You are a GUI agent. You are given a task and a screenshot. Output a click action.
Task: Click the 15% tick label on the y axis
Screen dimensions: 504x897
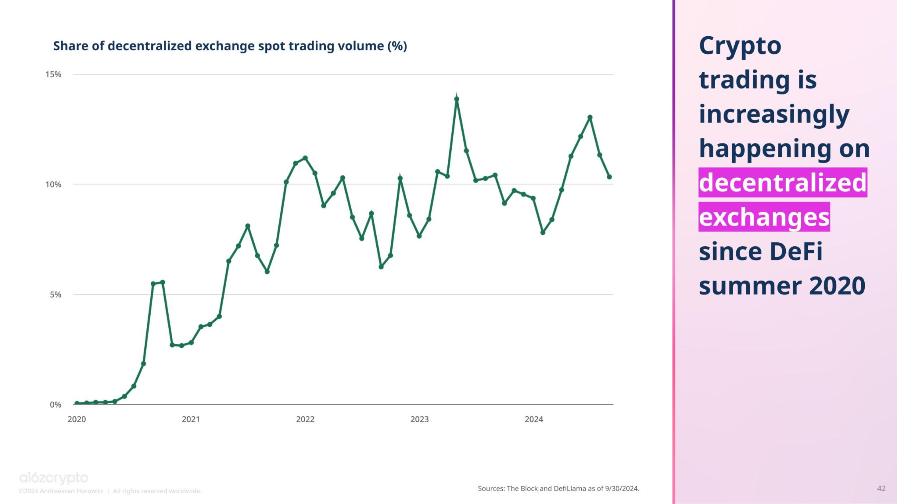coord(53,75)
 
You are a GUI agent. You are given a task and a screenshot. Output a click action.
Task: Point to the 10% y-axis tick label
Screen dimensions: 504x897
coord(53,184)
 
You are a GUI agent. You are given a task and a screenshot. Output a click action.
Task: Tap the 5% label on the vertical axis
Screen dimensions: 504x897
coord(55,295)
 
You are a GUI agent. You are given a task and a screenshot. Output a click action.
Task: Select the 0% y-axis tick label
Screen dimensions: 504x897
coord(55,405)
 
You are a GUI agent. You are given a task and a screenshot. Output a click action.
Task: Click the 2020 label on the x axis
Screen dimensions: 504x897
coord(77,419)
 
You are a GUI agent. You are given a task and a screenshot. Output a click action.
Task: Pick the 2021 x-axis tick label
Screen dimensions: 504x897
coord(191,419)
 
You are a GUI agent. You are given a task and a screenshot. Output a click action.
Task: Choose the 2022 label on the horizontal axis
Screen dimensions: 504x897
coord(305,419)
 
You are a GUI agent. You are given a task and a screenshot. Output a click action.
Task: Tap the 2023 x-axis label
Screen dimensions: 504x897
coord(419,419)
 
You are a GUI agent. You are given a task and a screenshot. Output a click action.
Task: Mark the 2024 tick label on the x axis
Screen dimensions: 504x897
coord(533,419)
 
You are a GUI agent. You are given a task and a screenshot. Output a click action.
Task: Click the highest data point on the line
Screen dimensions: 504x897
coord(457,99)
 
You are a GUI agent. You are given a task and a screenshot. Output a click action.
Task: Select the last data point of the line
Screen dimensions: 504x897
coord(609,177)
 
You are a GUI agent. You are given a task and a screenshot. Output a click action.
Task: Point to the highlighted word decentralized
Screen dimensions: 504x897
coord(783,182)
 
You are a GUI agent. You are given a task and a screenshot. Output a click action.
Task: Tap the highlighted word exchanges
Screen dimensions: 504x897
coord(764,217)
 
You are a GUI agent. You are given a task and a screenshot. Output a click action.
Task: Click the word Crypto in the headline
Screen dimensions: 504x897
coord(740,46)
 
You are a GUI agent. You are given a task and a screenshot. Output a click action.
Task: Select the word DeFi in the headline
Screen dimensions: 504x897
coord(795,251)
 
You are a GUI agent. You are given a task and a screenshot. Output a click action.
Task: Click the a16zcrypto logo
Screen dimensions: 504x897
coord(54,478)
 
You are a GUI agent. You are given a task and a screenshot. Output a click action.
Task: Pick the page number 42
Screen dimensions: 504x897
coord(881,488)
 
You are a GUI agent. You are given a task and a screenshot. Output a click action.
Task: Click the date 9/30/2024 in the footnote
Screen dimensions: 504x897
coord(622,488)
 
